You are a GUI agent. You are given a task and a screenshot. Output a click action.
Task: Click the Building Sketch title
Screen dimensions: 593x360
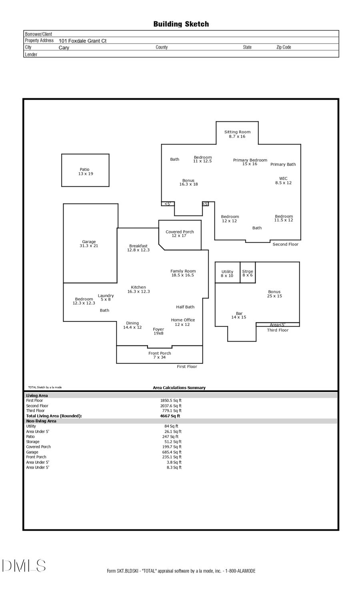(x=181, y=24)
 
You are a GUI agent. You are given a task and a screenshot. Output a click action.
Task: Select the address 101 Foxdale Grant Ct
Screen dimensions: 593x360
(x=82, y=41)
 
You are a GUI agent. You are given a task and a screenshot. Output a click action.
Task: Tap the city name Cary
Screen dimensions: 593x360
(x=64, y=48)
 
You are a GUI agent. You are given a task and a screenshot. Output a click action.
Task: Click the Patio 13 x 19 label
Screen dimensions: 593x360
(x=85, y=172)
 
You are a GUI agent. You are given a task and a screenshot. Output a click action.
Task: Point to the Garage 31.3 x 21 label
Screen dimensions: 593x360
(x=89, y=244)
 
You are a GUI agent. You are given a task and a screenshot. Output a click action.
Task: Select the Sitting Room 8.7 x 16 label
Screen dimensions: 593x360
(x=237, y=134)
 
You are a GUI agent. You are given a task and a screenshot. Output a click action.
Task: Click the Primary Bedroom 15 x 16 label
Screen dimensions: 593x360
(x=250, y=162)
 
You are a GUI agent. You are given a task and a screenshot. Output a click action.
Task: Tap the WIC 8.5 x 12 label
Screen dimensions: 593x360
(x=283, y=181)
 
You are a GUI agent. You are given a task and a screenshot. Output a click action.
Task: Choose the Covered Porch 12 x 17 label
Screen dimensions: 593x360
(x=180, y=234)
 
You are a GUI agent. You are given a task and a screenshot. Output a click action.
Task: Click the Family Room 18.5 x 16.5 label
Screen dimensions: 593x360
(x=183, y=273)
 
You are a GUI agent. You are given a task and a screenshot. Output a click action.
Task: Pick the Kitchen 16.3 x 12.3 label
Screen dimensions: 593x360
(x=138, y=289)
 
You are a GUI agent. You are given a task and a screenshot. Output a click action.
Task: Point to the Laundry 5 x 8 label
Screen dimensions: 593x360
(x=106, y=297)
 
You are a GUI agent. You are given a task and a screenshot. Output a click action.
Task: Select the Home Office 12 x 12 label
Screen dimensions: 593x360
(x=183, y=322)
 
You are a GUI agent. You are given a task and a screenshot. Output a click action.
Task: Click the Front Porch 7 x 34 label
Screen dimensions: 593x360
(x=160, y=355)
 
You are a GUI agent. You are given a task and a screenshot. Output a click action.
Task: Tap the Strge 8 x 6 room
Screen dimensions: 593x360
(x=248, y=273)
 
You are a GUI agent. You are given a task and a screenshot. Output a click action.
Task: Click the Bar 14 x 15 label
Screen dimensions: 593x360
(x=239, y=315)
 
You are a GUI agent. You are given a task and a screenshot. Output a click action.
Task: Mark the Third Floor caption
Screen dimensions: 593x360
(x=278, y=330)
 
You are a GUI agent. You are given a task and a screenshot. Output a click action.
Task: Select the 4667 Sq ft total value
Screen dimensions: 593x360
(x=170, y=416)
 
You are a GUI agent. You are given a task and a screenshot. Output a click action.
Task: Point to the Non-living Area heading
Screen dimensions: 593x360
(x=41, y=421)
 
